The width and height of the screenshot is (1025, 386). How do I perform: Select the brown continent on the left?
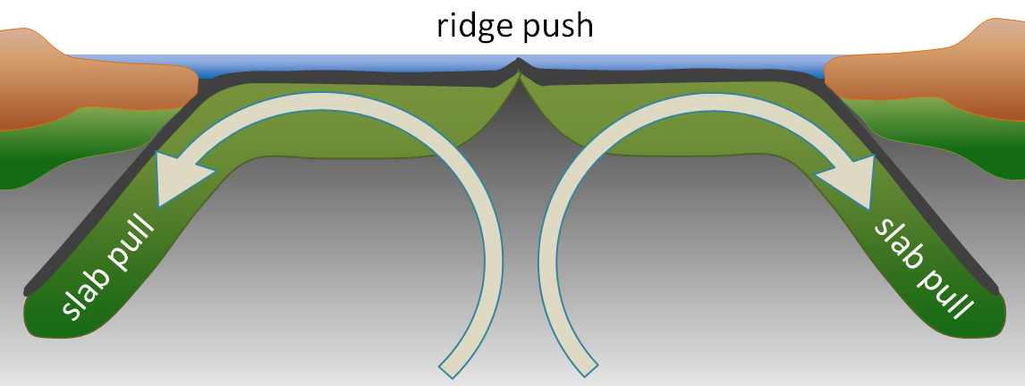coord(89,76)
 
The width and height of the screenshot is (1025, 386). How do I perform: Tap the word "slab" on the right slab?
coord(896,241)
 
